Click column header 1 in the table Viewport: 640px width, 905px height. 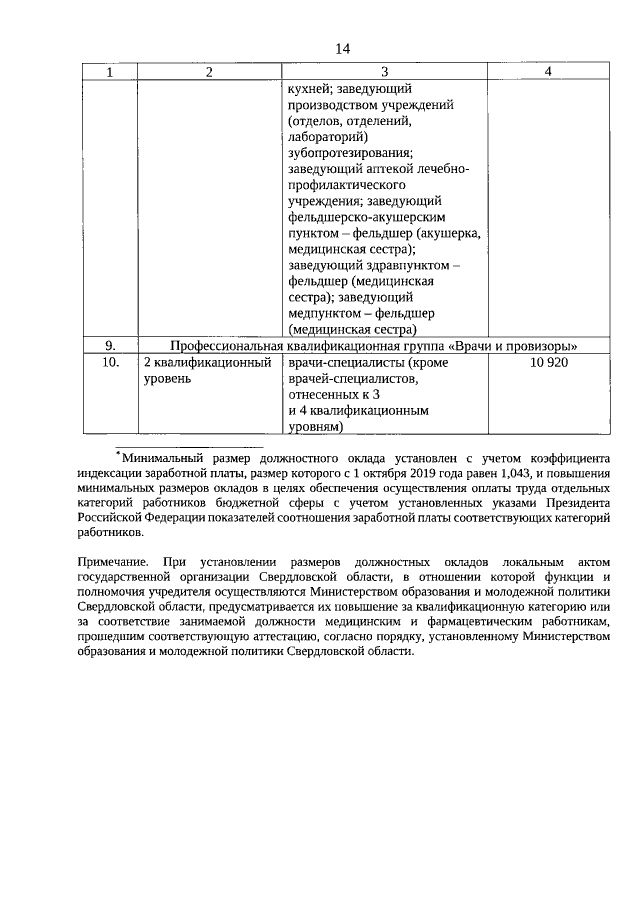click(109, 72)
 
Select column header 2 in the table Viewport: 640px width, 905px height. click(208, 72)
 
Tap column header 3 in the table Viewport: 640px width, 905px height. click(384, 72)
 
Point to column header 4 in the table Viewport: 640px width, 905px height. click(548, 72)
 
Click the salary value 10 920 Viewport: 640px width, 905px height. click(548, 362)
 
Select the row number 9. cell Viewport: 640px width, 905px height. click(109, 345)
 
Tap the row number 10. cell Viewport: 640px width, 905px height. click(111, 362)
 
